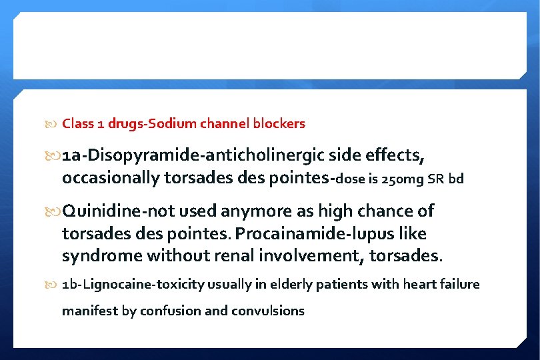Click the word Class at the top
click(76, 123)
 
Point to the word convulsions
click(267, 310)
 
